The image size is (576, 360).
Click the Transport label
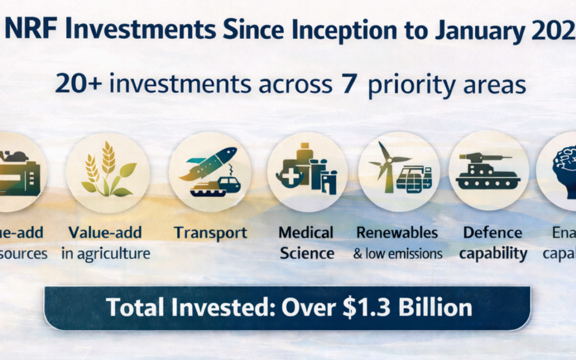pos(210,233)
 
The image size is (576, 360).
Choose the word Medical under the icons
pos(306,233)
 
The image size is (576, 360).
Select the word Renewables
pos(397,233)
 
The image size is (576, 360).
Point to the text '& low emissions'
pos(397,253)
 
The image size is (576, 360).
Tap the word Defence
pos(492,233)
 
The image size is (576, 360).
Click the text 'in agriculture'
pos(106,253)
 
